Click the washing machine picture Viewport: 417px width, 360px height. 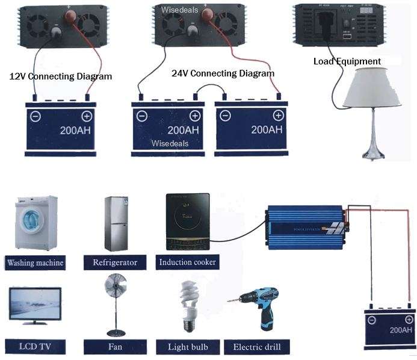tap(33, 223)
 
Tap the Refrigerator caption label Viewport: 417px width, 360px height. tap(115, 262)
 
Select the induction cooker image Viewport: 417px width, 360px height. tap(187, 222)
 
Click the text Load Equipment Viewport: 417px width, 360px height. tap(347, 61)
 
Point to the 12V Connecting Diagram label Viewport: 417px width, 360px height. tap(61, 77)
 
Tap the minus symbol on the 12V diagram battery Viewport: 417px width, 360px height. tap(35, 116)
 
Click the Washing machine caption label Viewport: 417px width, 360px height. tap(35, 262)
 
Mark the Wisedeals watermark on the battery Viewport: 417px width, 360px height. tap(170, 143)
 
